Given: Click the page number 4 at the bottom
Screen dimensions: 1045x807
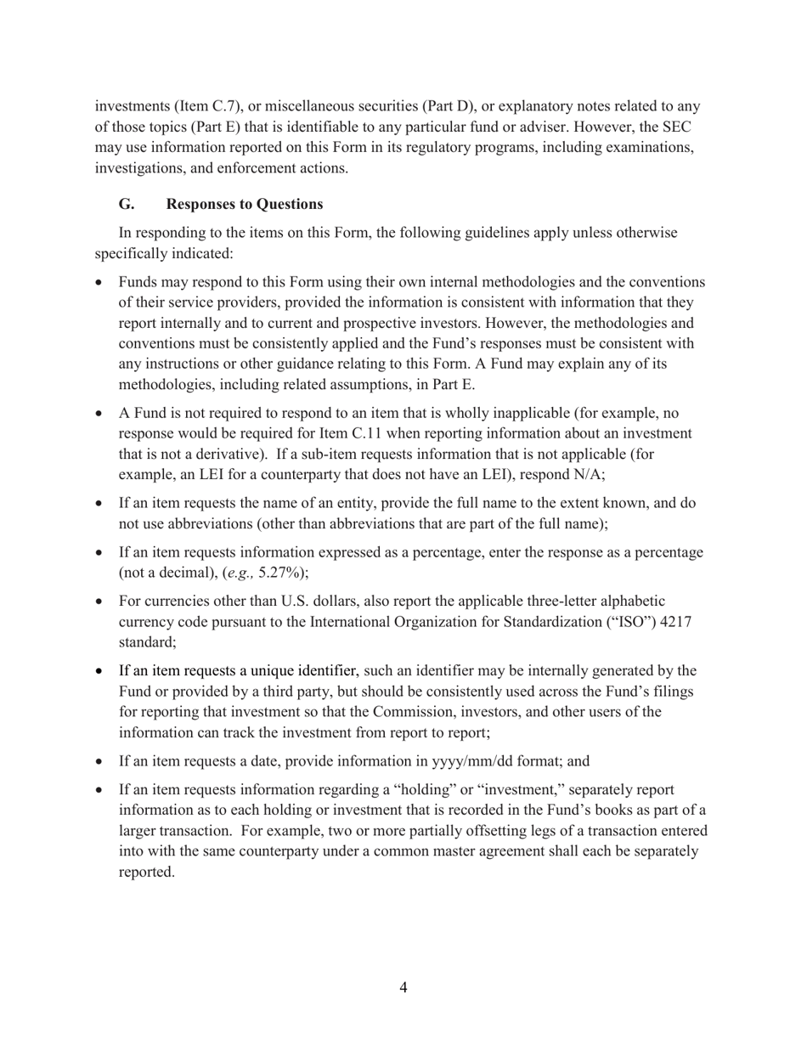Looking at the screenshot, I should (403, 987).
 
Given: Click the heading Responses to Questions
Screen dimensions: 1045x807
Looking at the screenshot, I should (245, 204).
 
